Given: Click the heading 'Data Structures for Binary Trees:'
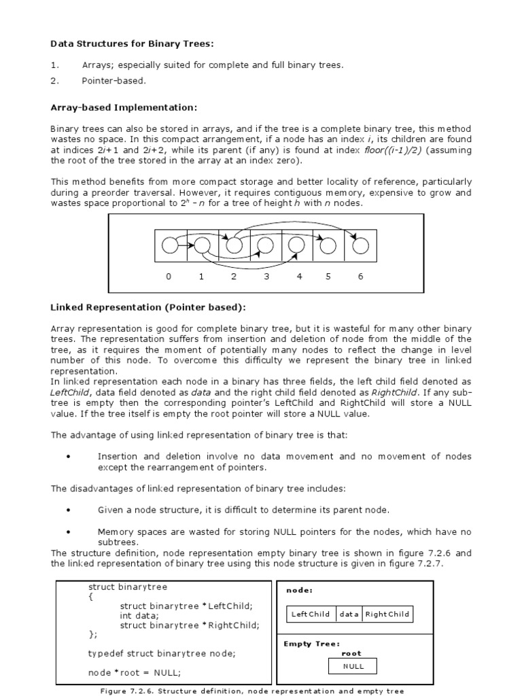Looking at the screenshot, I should [x=132, y=44].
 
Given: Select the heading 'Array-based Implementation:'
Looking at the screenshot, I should [x=124, y=107].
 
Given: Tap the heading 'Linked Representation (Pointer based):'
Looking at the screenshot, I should [x=148, y=308].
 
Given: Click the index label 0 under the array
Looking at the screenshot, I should [x=169, y=277].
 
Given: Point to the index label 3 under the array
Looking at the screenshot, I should [x=266, y=277].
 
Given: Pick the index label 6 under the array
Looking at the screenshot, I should [x=360, y=277].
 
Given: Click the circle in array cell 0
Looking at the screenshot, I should [x=170, y=245].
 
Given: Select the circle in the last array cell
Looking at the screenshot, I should [x=360, y=245].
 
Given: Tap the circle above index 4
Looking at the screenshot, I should [x=297, y=245].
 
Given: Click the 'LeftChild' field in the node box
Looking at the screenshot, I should [x=311, y=614].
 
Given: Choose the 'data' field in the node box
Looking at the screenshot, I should [x=349, y=614].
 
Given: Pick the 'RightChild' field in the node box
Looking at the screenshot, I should [x=387, y=614].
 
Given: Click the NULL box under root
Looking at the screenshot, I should [x=353, y=666].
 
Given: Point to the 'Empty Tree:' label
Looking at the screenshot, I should [x=311, y=644].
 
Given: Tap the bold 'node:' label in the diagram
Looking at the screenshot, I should [x=300, y=591].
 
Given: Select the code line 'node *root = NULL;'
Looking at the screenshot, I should [x=135, y=673].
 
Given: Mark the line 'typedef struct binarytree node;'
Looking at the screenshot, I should [x=162, y=654].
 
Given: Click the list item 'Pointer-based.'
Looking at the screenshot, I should [x=114, y=81].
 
